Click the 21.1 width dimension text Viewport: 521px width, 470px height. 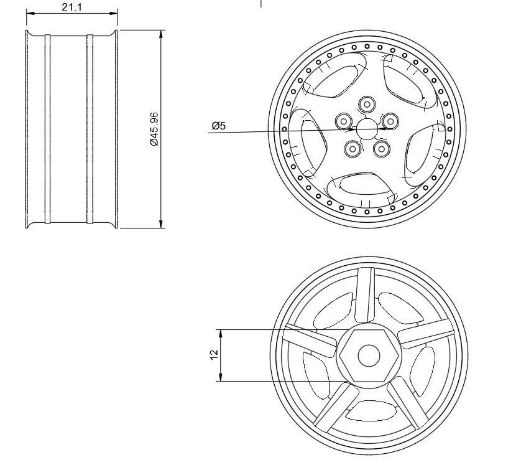[72, 7]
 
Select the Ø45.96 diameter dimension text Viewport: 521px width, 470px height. [154, 129]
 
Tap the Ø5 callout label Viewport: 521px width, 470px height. [218, 126]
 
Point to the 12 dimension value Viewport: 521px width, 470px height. [214, 354]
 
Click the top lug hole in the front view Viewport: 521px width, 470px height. [367, 104]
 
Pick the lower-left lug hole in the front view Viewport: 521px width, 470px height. [353, 149]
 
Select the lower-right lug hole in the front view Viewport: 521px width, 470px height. [381, 149]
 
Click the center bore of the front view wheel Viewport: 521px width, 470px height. [367, 129]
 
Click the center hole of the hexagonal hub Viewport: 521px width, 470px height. [369, 355]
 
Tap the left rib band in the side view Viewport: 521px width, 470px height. [47, 129]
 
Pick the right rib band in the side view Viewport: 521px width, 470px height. [90, 129]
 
